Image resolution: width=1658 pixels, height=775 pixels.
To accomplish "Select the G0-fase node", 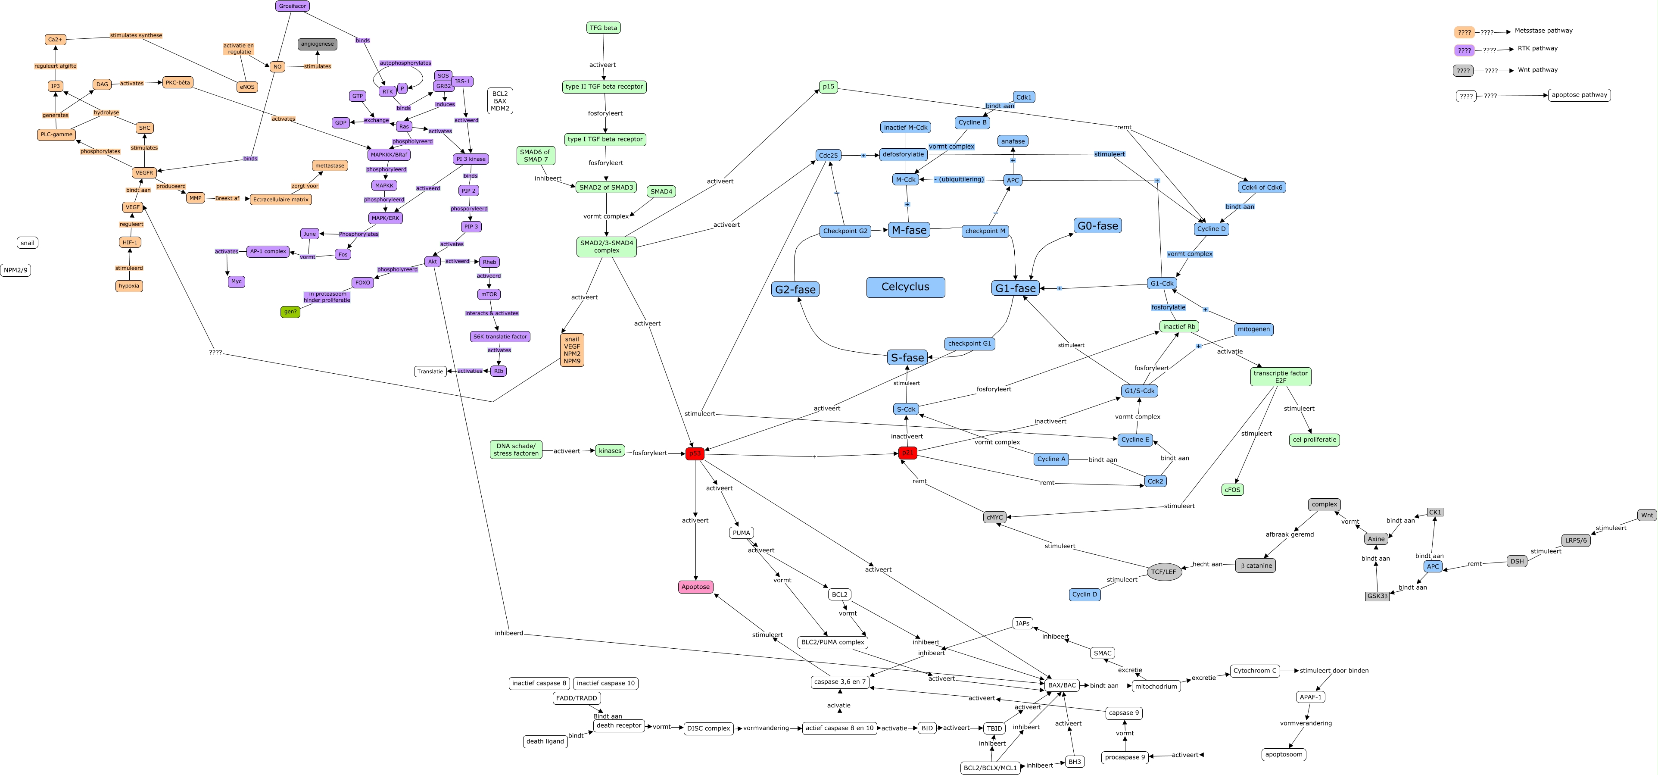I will coord(1097,226).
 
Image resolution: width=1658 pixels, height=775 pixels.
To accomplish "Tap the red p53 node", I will coord(695,454).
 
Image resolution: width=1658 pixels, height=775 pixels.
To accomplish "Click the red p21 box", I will coord(907,453).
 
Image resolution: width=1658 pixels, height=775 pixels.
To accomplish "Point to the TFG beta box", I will coord(603,28).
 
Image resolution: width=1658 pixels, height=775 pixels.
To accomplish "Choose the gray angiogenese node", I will coord(317,44).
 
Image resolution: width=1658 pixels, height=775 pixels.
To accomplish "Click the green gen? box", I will coord(290,312).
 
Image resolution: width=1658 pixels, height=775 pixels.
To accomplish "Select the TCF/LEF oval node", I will coord(1164,572).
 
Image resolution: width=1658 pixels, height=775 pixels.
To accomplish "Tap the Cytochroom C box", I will coord(1254,671).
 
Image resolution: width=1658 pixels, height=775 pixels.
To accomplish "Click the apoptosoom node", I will coord(1284,754).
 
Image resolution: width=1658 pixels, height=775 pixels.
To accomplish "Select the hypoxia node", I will coord(129,286).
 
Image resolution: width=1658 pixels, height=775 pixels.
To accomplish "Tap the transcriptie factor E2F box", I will coord(1280,377).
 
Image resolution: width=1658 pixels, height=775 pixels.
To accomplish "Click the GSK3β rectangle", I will coord(1377,596).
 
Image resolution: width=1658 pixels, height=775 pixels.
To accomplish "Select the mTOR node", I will coord(489,294).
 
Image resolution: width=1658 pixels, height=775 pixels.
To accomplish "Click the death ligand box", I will coord(545,741).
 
